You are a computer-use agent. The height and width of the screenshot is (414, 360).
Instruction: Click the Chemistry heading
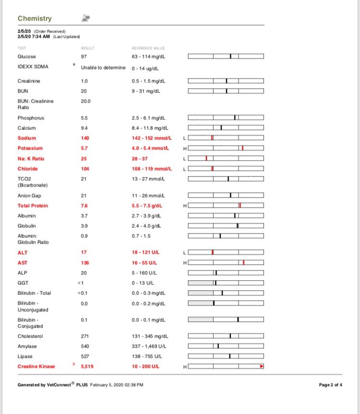pos(35,18)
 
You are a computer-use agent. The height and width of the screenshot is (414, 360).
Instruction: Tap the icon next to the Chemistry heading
pos(86,18)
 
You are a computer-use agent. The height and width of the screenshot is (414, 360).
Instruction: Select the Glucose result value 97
pos(84,57)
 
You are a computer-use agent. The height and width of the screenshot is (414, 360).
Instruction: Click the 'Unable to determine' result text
pos(103,68)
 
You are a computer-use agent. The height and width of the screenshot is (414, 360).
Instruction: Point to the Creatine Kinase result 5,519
pos(87,367)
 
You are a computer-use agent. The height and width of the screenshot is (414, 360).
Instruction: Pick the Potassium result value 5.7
pos(84,148)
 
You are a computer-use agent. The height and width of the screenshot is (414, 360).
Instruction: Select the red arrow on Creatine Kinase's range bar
pos(262,367)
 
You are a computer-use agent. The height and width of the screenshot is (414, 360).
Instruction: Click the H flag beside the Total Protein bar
pos(185,206)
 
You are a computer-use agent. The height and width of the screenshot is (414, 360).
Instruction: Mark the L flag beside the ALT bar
pos(185,253)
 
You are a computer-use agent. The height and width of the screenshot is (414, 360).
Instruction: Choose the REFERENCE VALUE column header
pos(148,48)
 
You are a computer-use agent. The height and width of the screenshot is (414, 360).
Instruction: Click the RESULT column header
pos(88,48)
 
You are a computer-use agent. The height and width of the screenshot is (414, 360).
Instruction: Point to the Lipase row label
pos(25,356)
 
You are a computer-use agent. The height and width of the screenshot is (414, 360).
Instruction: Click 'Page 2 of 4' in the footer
pos(330,385)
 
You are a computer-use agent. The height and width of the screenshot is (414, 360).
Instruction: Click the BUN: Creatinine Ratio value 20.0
pos(86,101)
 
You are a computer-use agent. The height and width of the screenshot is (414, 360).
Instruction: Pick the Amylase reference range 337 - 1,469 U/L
pos(151,346)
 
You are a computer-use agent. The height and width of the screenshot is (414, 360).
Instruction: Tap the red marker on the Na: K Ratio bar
pos(206,158)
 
